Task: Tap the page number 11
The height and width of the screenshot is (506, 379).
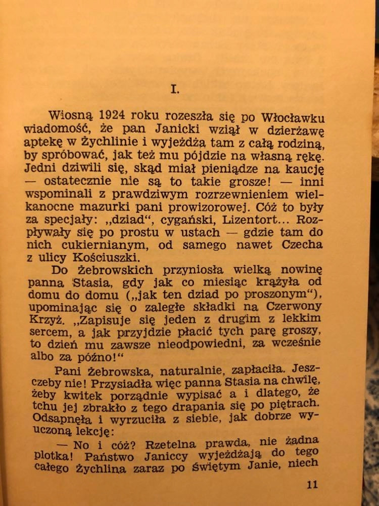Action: tap(312, 484)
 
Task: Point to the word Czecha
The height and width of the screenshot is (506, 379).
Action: tap(298, 246)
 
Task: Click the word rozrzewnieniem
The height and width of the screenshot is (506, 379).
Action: tap(230, 194)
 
